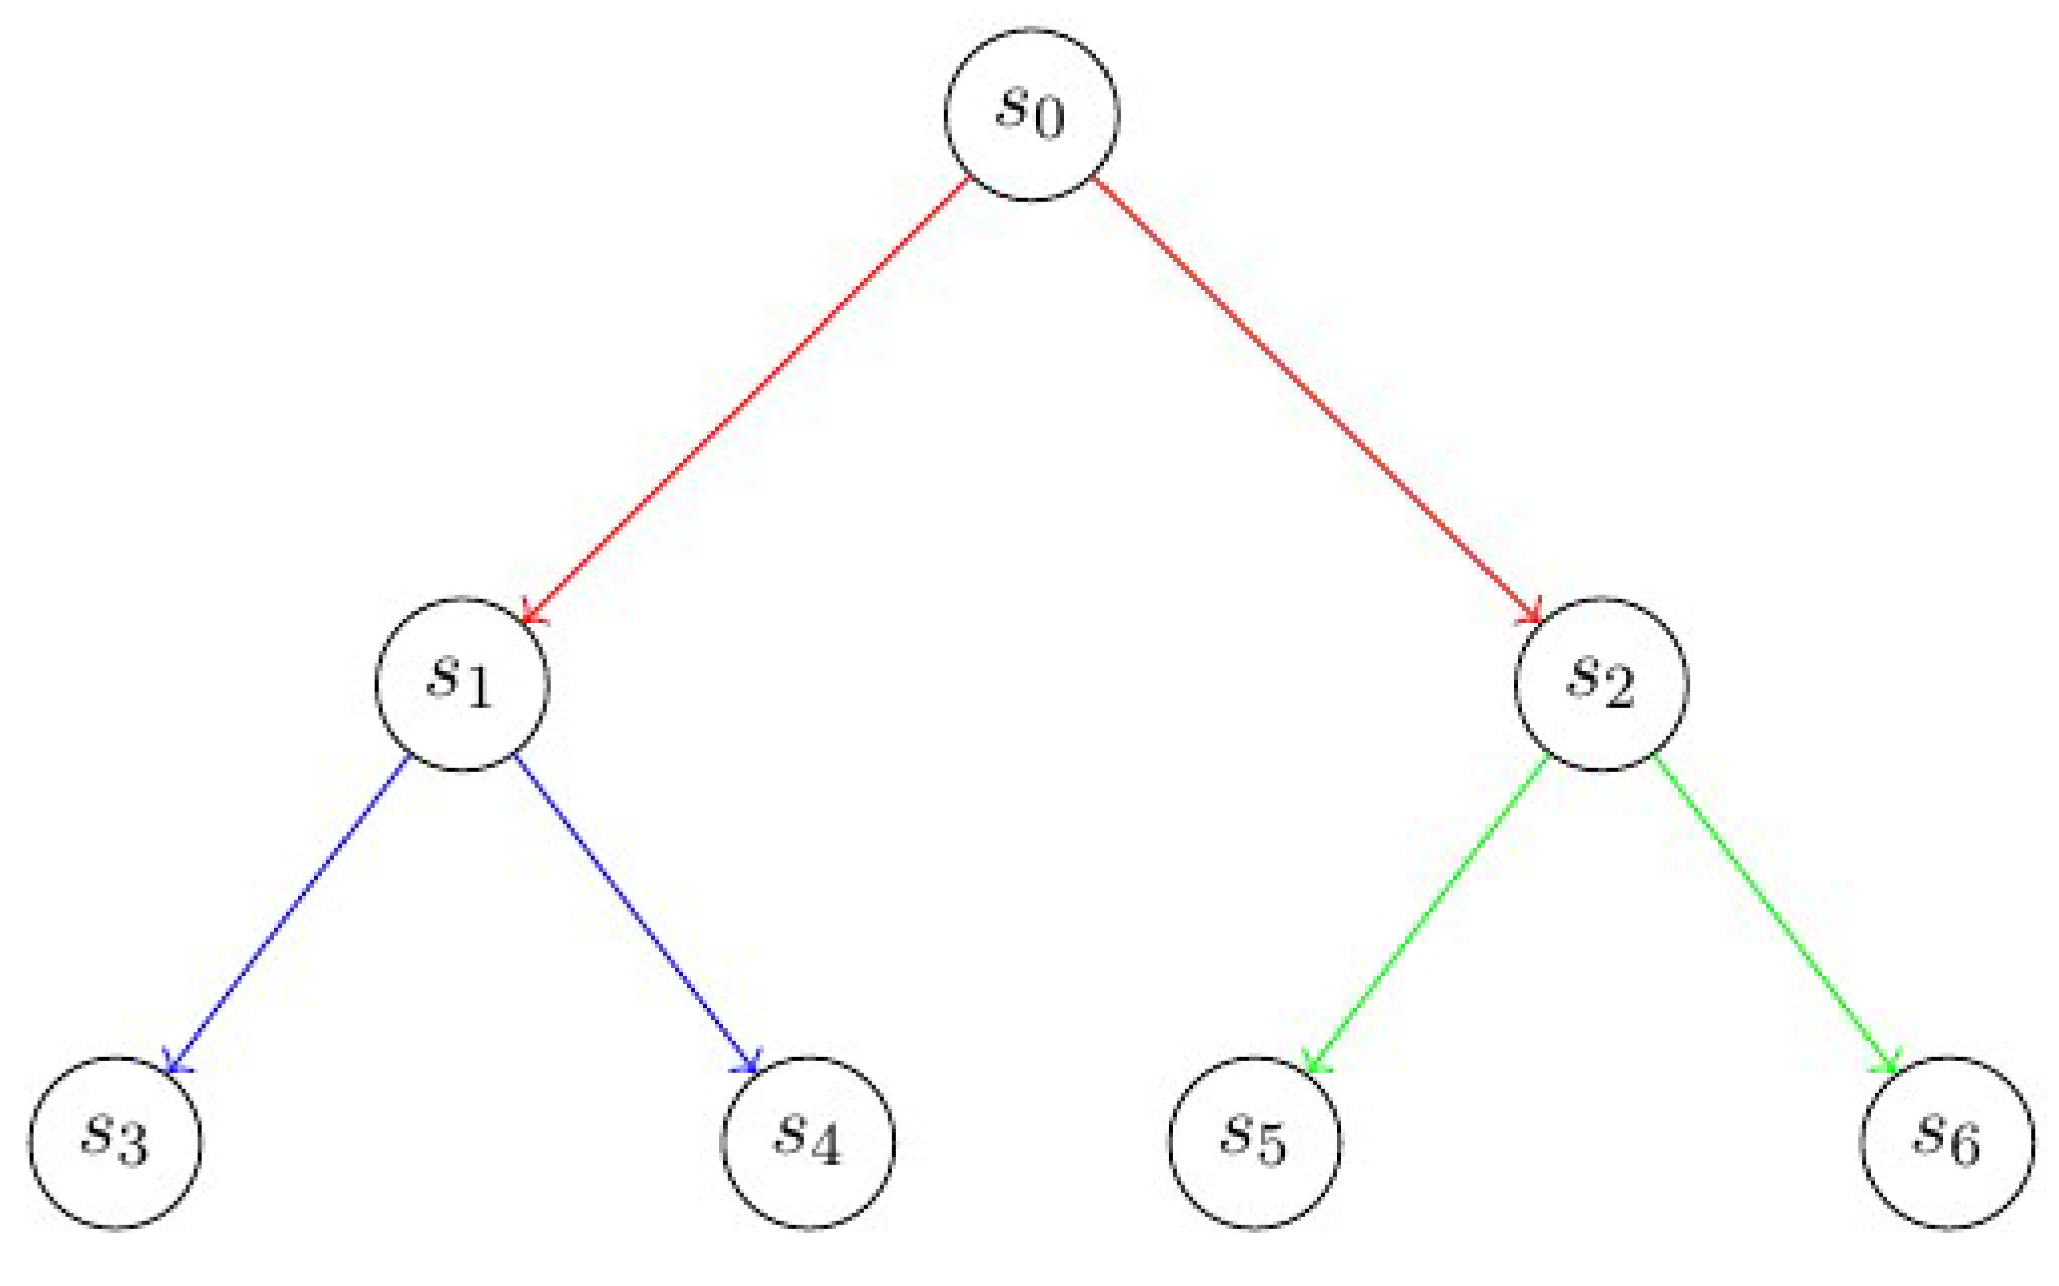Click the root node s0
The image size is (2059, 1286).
click(x=1032, y=115)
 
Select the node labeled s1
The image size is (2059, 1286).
click(x=463, y=684)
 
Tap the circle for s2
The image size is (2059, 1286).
click(x=1601, y=684)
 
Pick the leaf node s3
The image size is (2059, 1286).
click(x=116, y=1142)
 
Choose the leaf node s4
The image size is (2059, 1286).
click(x=809, y=1142)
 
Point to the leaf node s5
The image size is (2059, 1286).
click(x=1254, y=1142)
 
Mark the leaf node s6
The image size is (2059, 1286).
click(x=1948, y=1142)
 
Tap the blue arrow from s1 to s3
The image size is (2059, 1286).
click(x=289, y=914)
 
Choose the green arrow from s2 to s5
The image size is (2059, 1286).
click(x=1429, y=914)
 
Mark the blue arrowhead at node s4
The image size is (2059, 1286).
click(x=751, y=1065)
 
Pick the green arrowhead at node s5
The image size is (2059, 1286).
click(x=1313, y=1065)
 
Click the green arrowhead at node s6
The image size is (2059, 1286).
click(x=1891, y=1065)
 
